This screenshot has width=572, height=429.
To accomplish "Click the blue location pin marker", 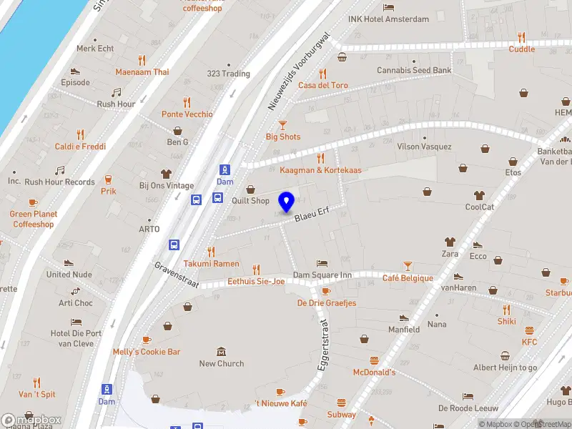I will click(x=287, y=202).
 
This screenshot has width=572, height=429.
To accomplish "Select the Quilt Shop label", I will click(x=250, y=201).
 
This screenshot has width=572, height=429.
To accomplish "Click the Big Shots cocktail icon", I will click(x=282, y=124).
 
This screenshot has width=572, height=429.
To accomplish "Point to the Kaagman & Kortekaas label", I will click(x=320, y=170).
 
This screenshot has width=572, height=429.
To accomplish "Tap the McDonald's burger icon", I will click(x=373, y=360).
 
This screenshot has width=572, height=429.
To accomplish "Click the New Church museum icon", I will click(x=222, y=351).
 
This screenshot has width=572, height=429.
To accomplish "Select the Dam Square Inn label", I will click(x=322, y=275).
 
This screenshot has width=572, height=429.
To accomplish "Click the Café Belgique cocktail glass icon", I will click(x=408, y=266).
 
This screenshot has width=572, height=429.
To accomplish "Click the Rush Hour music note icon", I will click(x=117, y=92).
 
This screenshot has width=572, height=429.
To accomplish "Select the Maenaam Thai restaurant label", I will click(x=142, y=72).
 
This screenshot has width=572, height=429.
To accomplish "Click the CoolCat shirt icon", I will click(x=480, y=195).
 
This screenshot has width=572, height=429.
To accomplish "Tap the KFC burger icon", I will click(x=529, y=330).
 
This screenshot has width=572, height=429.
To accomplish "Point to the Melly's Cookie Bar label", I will click(x=147, y=352).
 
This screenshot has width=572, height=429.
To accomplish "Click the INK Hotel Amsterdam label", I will click(x=388, y=19).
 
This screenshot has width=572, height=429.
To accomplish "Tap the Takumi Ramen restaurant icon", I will click(x=211, y=252).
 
